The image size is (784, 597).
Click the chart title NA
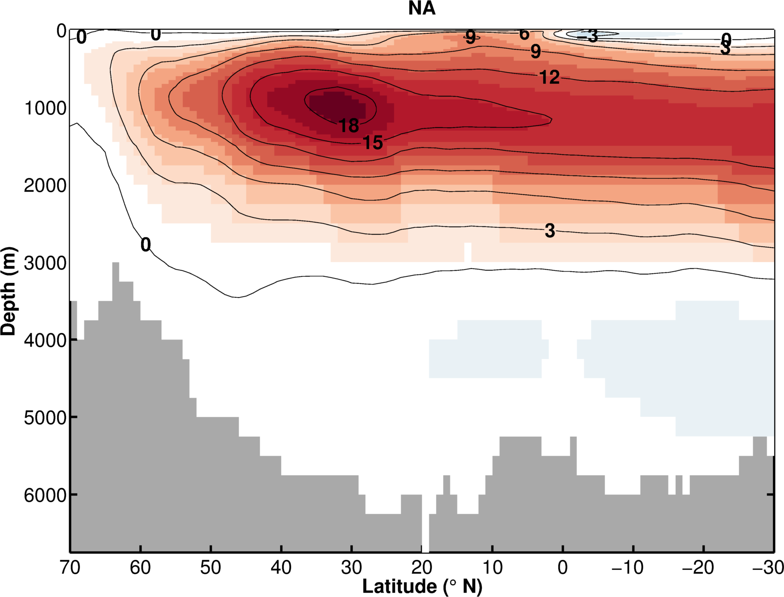click(422, 9)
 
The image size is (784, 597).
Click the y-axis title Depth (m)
click(8, 291)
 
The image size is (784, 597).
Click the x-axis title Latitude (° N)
click(422, 586)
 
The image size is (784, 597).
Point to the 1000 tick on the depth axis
click(45, 108)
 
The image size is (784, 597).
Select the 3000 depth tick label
click(45, 263)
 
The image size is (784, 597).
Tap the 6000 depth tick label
click(45, 495)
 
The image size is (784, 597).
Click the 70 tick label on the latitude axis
click(70, 568)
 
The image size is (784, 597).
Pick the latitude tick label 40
click(281, 568)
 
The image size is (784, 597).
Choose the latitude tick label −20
click(698, 568)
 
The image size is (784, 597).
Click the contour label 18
click(349, 126)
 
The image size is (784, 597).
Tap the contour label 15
click(372, 143)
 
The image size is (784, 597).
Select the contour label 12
click(549, 77)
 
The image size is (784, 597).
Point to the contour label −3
click(588, 36)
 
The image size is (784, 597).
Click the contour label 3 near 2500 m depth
click(550, 231)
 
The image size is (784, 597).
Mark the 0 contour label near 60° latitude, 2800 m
click(146, 245)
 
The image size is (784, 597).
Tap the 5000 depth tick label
click(45, 417)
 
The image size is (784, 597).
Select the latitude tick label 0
click(562, 568)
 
